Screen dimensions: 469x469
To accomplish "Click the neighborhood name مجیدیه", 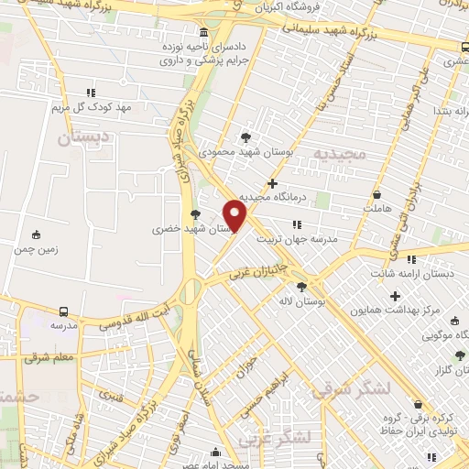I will pos(339,153).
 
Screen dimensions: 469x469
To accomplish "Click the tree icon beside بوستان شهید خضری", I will pos(195,214).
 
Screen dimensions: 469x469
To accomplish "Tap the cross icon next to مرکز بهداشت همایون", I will pos(396,296).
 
